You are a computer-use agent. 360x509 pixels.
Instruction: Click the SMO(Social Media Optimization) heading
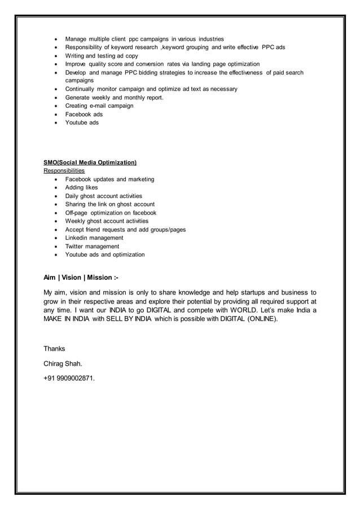[90, 163]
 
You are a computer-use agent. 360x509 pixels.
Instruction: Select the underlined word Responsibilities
[64, 170]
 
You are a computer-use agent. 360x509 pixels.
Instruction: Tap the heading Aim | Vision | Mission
[81, 278]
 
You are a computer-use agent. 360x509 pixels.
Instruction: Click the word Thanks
[54, 349]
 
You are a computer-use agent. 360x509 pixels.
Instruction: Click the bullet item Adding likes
[81, 187]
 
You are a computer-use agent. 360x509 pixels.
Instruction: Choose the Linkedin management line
[94, 238]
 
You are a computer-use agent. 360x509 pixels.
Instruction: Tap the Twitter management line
[92, 246]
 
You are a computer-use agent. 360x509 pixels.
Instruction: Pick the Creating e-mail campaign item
[99, 106]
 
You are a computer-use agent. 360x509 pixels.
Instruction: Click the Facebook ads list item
[84, 114]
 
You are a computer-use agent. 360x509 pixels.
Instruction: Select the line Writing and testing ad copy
[102, 55]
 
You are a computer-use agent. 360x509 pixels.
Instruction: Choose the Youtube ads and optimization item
[105, 254]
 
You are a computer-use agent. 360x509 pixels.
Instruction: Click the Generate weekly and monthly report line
[114, 98]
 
